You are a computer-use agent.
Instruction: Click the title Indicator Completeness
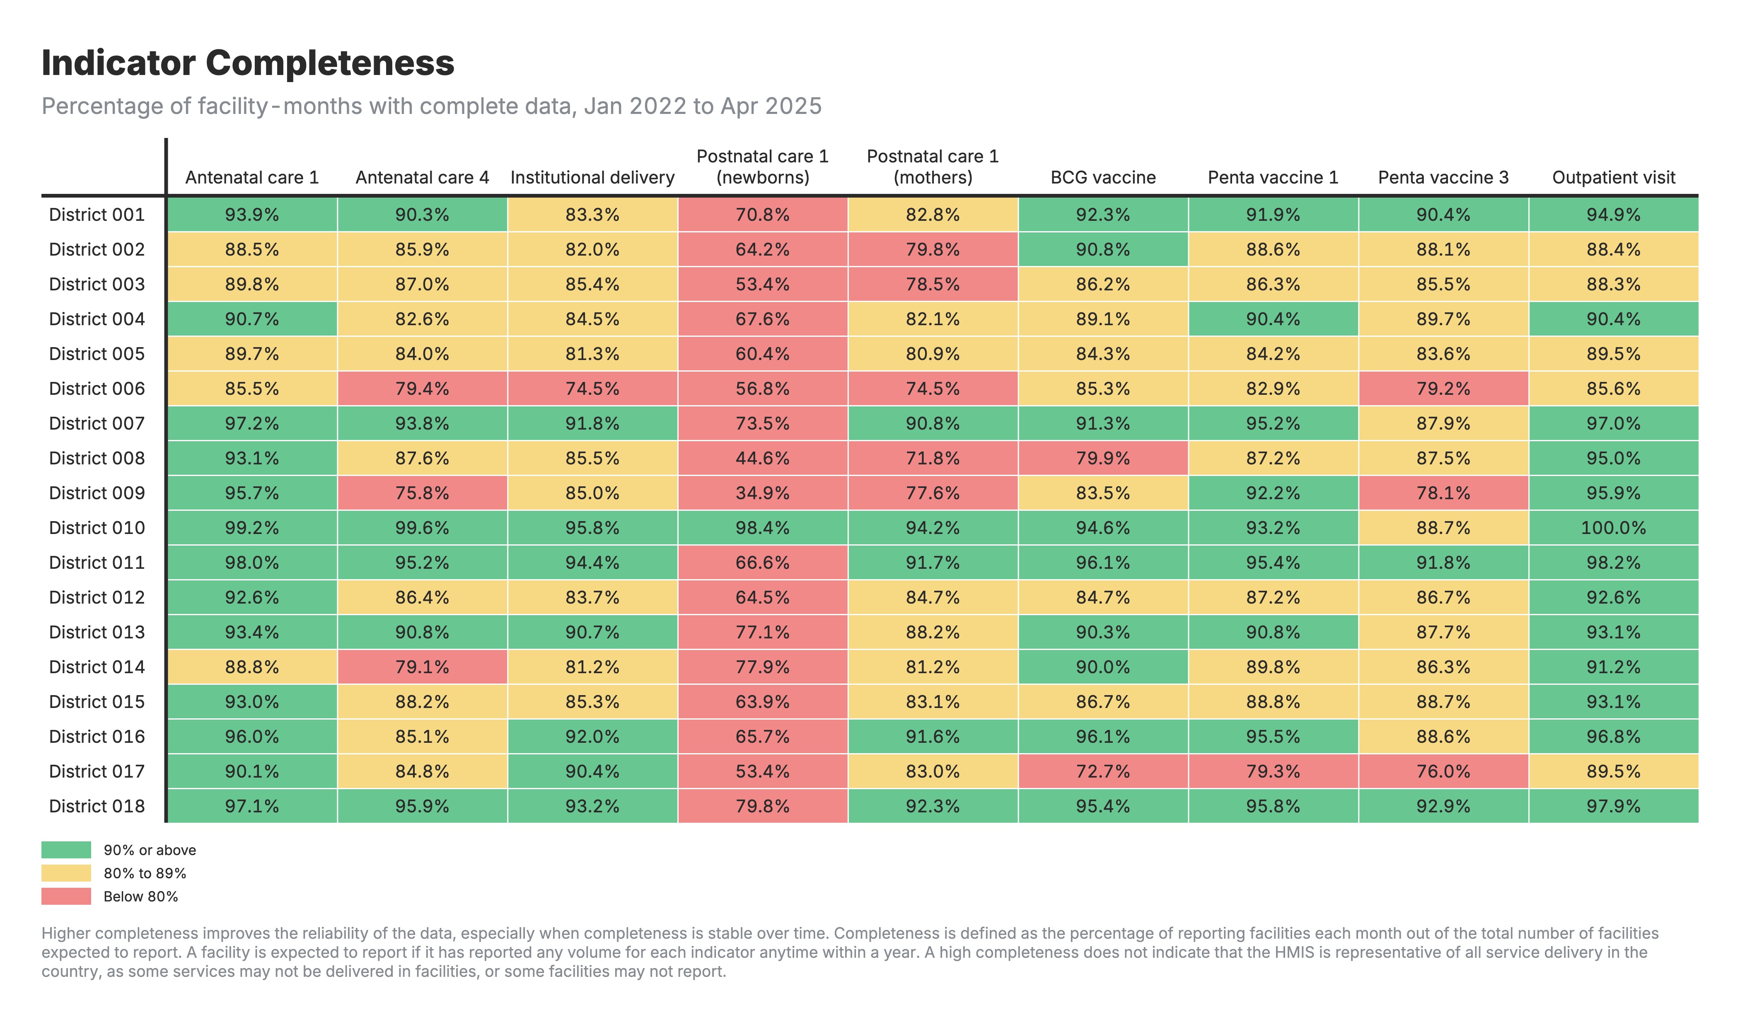click(x=248, y=63)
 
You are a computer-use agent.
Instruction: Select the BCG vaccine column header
click(x=1103, y=177)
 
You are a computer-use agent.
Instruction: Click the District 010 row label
click(x=97, y=528)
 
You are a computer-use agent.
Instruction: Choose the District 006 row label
click(x=97, y=389)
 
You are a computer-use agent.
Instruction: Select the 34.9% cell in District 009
click(x=762, y=493)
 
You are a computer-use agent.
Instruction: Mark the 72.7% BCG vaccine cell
click(x=1103, y=771)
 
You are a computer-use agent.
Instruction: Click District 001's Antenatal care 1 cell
click(x=252, y=215)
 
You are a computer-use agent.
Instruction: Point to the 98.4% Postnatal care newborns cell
click(x=762, y=528)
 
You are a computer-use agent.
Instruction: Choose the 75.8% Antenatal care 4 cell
click(x=422, y=493)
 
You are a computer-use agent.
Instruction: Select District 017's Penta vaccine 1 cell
click(x=1273, y=771)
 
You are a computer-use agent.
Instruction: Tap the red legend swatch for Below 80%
click(x=66, y=896)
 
